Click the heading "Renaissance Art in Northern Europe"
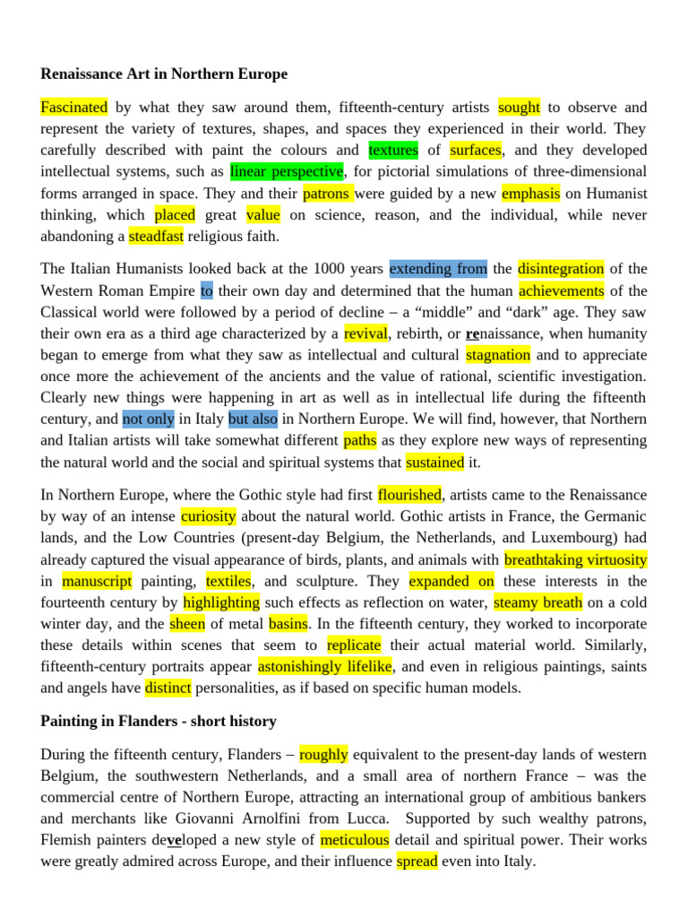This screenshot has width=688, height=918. coord(164,74)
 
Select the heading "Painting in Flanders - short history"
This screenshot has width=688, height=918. coord(159,721)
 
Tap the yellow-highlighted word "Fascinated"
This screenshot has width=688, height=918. coord(74,108)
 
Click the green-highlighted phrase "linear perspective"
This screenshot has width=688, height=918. coord(287,171)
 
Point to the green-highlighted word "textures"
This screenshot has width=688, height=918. coord(393,150)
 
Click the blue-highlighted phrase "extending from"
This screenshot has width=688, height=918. coord(439,269)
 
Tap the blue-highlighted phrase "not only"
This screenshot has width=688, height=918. coord(148,419)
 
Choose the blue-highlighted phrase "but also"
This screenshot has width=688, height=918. coord(253,419)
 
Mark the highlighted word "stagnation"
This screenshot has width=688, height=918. coord(499,355)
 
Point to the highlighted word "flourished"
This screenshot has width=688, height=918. coord(410,495)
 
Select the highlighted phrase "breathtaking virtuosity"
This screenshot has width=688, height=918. coord(575,559)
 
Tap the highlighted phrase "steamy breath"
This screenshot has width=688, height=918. coord(537,602)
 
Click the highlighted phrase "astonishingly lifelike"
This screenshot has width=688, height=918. coord(325,667)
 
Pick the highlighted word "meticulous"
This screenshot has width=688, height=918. coord(355,840)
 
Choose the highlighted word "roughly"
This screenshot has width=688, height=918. coord(323,754)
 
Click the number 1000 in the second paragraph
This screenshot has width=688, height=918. coord(329,269)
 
